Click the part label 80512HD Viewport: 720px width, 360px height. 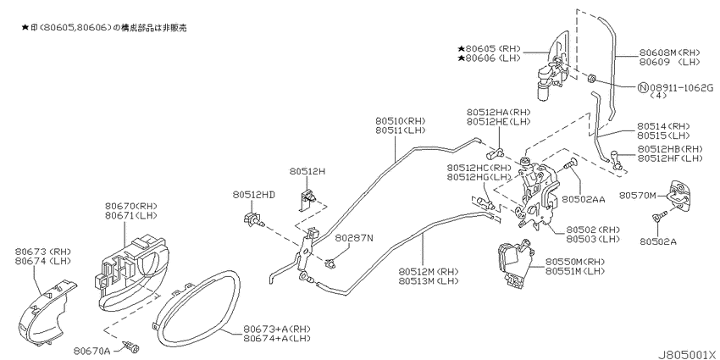tap(253, 195)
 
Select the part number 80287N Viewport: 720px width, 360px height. tap(353, 238)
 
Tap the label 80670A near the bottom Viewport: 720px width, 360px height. tap(91, 352)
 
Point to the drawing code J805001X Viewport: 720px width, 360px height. tap(688, 355)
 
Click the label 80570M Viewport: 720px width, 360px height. tap(637, 195)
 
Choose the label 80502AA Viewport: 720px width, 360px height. tap(583, 199)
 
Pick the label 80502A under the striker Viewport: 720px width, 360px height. tap(658, 241)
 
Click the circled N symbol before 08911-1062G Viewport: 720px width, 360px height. tap(643, 87)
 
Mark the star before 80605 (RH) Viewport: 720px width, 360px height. tap(461, 48)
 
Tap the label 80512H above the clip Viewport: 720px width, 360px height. tap(307, 171)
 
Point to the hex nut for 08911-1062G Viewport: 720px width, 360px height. tap(592, 80)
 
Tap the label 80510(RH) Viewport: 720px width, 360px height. tap(401, 121)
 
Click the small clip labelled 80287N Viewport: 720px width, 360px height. tap(330, 263)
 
